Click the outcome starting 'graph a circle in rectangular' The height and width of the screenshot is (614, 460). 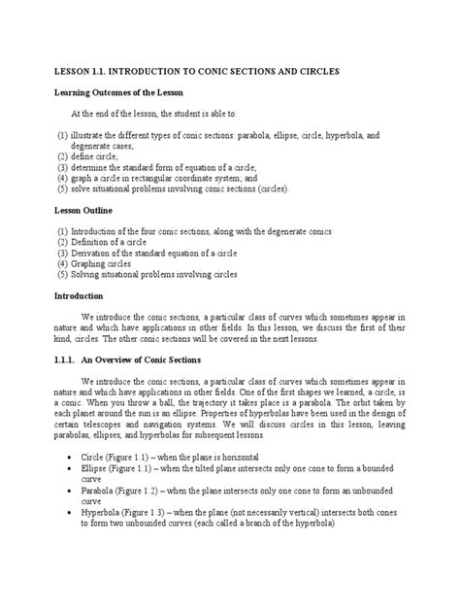(184, 178)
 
